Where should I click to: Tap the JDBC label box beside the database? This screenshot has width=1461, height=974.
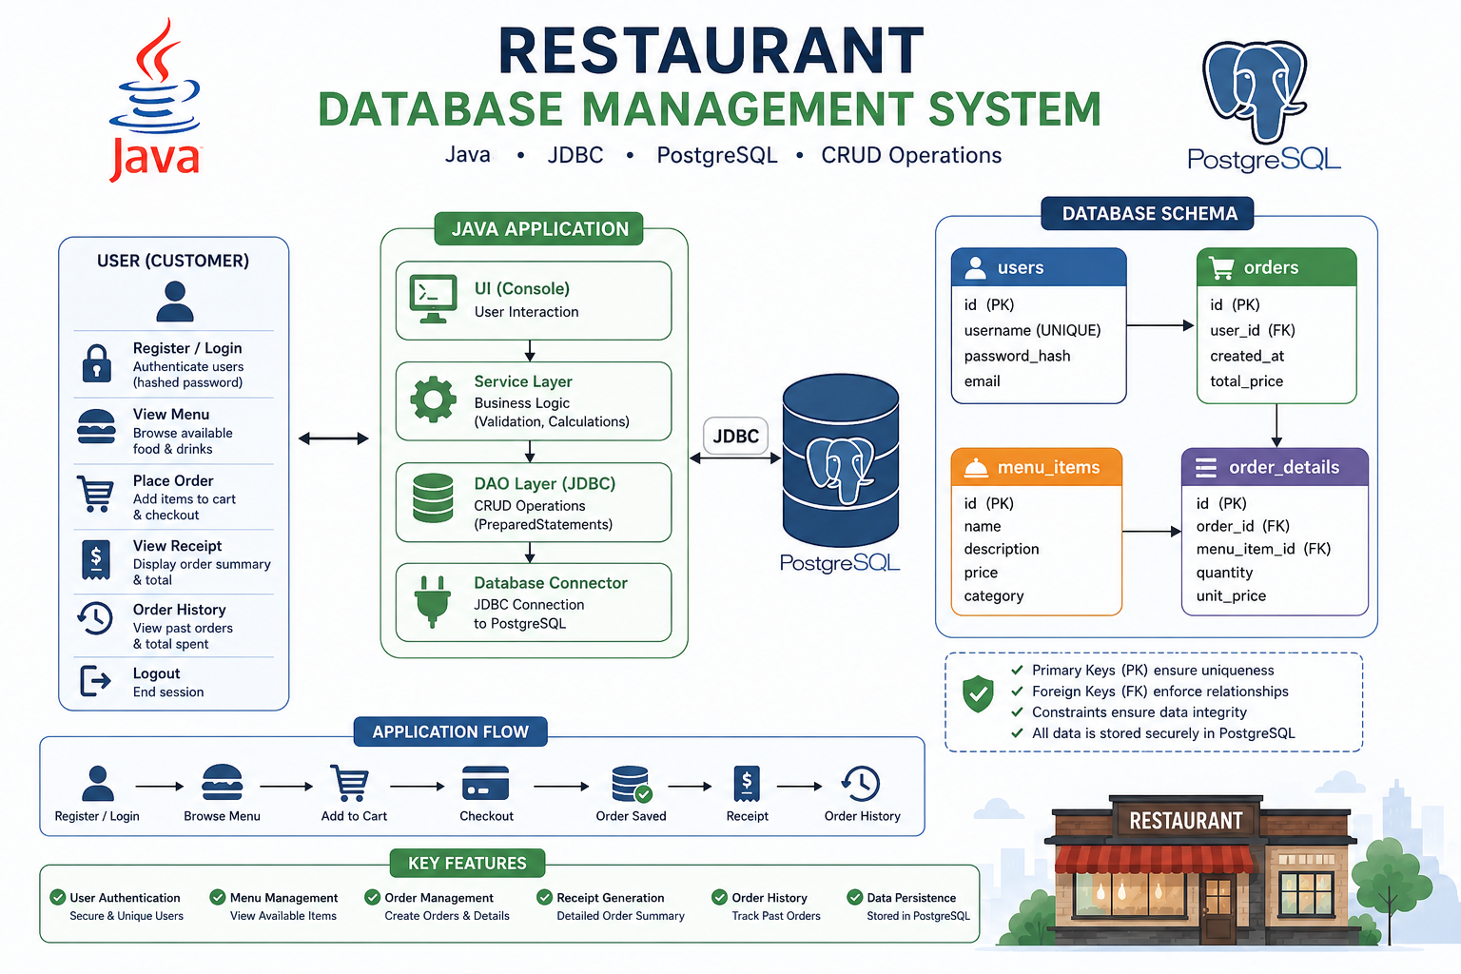(735, 436)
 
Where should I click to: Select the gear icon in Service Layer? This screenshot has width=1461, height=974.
(433, 399)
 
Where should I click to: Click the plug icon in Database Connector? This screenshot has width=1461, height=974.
(432, 601)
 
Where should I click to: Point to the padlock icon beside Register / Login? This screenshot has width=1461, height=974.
(96, 363)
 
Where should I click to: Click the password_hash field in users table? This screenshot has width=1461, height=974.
(1017, 356)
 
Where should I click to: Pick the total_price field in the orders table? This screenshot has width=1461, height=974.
(1246, 381)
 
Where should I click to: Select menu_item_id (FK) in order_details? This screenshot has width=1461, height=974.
(1263, 549)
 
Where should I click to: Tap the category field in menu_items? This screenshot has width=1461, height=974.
(993, 595)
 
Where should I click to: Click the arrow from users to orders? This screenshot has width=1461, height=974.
(1160, 325)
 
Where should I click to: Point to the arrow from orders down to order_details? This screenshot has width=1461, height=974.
(1276, 425)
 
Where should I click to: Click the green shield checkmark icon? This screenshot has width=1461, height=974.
(978, 693)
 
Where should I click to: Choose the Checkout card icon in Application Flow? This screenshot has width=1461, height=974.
(485, 783)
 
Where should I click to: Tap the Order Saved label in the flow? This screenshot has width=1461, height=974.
(631, 816)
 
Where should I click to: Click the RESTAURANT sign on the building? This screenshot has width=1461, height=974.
(1186, 820)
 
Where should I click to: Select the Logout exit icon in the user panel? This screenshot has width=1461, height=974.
(95, 681)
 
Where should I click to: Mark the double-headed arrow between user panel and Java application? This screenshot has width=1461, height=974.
(333, 438)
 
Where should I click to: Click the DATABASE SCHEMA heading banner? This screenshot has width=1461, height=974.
(1147, 213)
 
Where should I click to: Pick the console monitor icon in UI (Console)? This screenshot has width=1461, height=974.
(433, 299)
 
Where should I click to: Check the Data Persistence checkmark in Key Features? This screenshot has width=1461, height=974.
(854, 898)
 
